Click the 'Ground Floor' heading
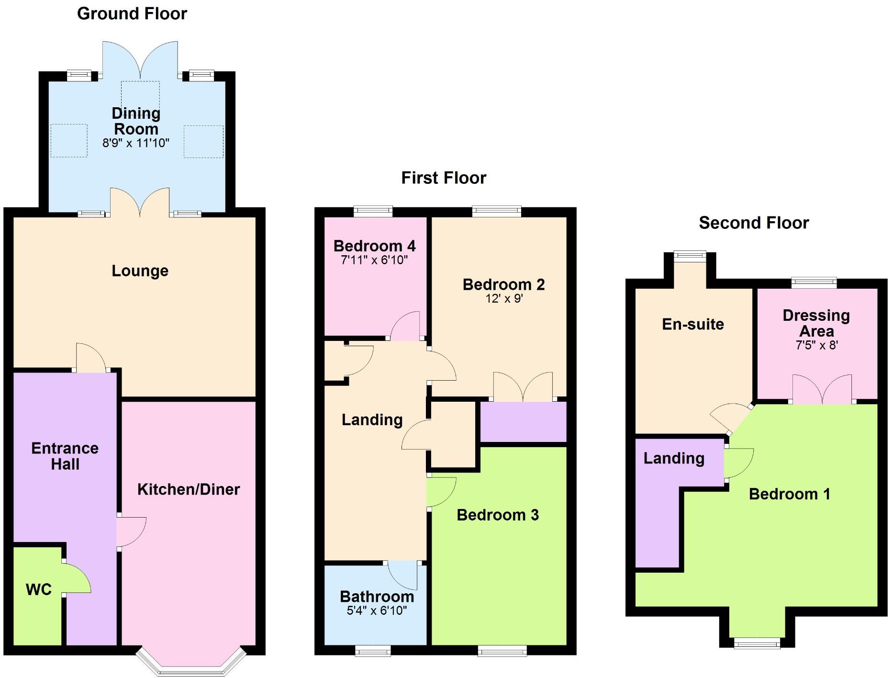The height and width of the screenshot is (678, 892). click(132, 14)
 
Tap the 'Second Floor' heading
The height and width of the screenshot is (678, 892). click(754, 223)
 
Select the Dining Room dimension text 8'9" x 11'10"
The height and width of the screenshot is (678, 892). click(136, 143)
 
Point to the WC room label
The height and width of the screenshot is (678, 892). click(39, 589)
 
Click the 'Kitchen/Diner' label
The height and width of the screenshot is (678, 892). click(189, 489)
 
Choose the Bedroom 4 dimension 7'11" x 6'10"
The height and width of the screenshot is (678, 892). click(374, 260)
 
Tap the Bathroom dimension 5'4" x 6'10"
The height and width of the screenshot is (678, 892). click(377, 610)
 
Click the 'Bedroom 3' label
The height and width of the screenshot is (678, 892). click(498, 515)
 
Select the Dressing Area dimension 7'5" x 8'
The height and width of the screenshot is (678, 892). click(816, 346)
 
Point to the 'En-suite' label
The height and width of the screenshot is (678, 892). click(692, 325)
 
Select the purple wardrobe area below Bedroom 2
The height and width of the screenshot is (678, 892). click(523, 422)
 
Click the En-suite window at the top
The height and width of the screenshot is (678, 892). click(690, 256)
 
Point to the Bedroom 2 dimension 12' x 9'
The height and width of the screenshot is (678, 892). click(504, 299)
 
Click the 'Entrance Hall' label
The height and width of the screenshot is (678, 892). click(65, 456)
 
